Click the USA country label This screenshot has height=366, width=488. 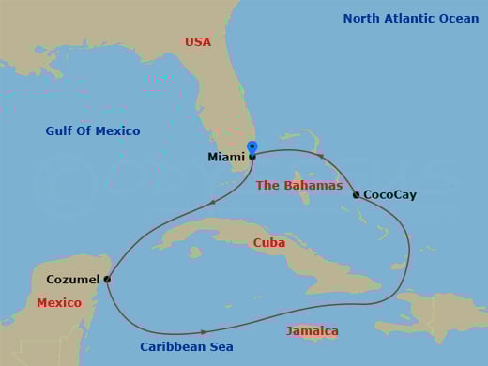point(198,42)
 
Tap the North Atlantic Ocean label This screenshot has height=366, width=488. point(410,19)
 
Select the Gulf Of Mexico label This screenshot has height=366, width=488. point(93,131)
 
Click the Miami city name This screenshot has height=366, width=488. point(226,158)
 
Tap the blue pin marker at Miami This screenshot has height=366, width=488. point(252,147)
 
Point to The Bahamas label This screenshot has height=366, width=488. point(298,186)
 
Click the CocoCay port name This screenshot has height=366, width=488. point(389,195)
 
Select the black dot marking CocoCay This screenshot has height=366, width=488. point(356,195)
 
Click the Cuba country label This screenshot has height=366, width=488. point(269,243)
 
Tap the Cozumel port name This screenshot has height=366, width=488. point(72,280)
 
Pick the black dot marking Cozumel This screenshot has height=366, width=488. point(107,279)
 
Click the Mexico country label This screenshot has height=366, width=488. point(59,303)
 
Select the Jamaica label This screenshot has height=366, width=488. point(313,331)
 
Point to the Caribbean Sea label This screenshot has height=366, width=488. point(187,347)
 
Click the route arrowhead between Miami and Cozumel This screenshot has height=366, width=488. point(214,202)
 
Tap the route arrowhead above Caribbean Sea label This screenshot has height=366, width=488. point(204,332)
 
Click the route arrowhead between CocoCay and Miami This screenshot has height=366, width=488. point(319,157)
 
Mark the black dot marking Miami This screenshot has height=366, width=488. point(252,157)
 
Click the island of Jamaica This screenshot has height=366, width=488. point(313,324)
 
